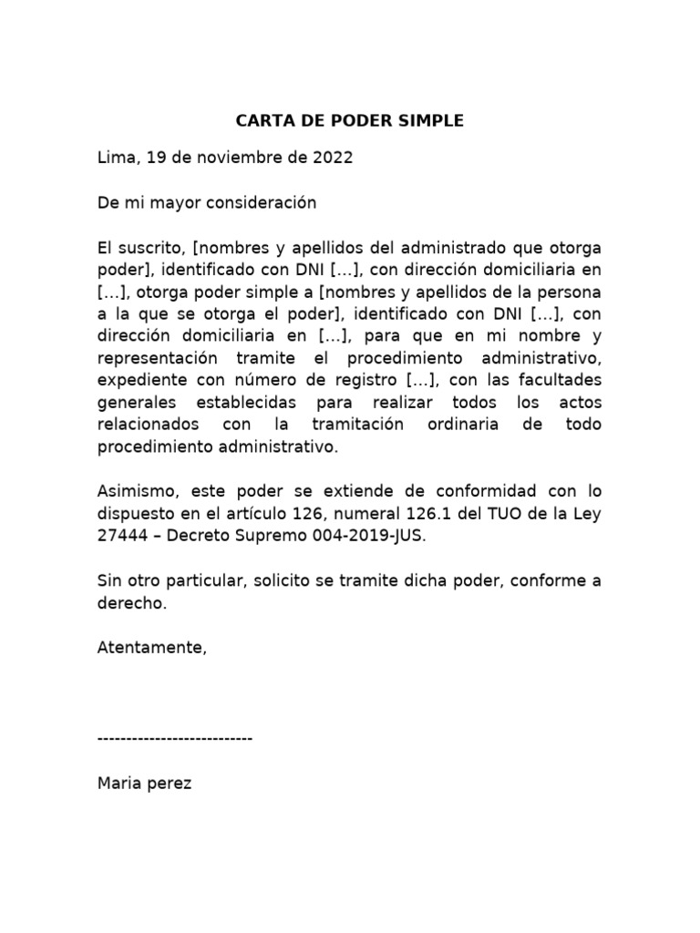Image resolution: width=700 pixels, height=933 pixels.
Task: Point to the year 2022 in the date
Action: pos(332,158)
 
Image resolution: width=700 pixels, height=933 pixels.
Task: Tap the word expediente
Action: pos(135,380)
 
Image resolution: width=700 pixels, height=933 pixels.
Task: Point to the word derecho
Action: pos(132,602)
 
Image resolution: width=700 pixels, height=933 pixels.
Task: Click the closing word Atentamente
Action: pos(151,647)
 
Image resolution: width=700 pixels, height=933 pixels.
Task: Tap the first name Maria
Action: pos(118,783)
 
